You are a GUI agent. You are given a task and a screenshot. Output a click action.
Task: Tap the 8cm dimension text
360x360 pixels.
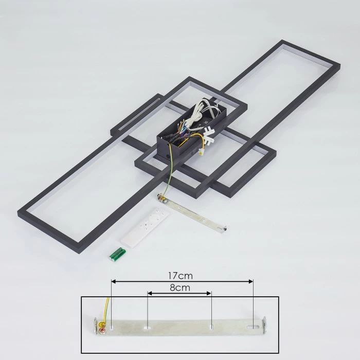[x=179, y=288]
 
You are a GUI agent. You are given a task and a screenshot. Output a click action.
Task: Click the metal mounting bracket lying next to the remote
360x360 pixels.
[x=193, y=210]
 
